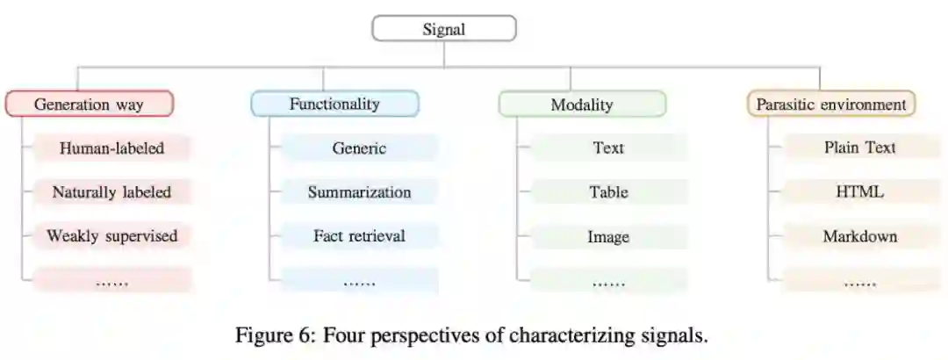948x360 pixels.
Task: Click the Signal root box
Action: click(444, 29)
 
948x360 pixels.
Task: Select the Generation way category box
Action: click(90, 104)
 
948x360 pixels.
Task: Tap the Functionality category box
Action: click(334, 104)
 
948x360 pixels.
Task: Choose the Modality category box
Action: click(582, 104)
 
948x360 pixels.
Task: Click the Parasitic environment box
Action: click(830, 104)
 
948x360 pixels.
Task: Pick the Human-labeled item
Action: click(111, 148)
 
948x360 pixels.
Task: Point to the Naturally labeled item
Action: click(111, 192)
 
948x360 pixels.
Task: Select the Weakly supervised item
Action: click(111, 236)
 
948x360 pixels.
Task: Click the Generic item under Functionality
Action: click(359, 148)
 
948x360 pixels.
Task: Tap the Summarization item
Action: click(359, 192)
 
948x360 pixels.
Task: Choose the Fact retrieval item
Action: click(359, 236)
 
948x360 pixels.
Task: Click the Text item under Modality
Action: click(608, 148)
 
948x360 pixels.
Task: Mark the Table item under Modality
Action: click(608, 192)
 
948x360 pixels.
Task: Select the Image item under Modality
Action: click(608, 237)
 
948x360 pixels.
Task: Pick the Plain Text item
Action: click(859, 148)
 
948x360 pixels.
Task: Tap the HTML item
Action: click(859, 192)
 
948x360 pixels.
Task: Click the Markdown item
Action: click(859, 237)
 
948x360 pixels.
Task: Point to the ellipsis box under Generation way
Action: click(111, 282)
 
